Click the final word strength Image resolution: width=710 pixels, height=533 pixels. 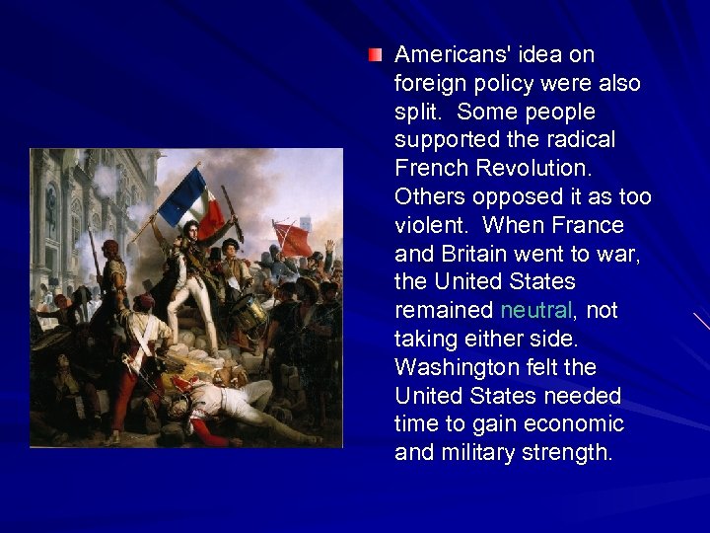(x=576, y=453)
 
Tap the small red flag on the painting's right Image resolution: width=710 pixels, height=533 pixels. (x=293, y=237)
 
